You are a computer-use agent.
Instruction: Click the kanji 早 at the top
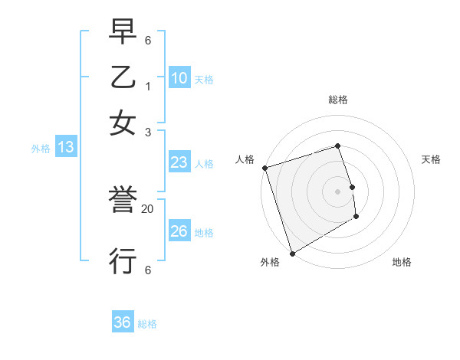point(123,34)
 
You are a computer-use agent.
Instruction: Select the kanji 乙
point(123,78)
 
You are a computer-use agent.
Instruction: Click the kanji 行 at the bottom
point(123,260)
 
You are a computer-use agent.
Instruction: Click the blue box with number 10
point(179,78)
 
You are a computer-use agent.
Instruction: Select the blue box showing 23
point(179,162)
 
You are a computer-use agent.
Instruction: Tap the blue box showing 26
point(179,231)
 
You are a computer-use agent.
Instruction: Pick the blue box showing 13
point(65,147)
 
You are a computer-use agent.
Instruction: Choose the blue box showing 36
point(123,322)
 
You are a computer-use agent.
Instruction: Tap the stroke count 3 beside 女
point(148,132)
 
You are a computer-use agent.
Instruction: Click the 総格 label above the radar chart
point(337,100)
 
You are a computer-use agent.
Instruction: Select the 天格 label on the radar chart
point(431,159)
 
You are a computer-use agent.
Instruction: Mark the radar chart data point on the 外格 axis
point(291,254)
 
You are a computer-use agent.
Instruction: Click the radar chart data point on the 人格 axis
point(264,168)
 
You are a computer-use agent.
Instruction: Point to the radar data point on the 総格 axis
point(337,146)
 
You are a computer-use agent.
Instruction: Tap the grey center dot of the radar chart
point(337,191)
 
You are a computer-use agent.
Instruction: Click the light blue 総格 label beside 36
point(147,324)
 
